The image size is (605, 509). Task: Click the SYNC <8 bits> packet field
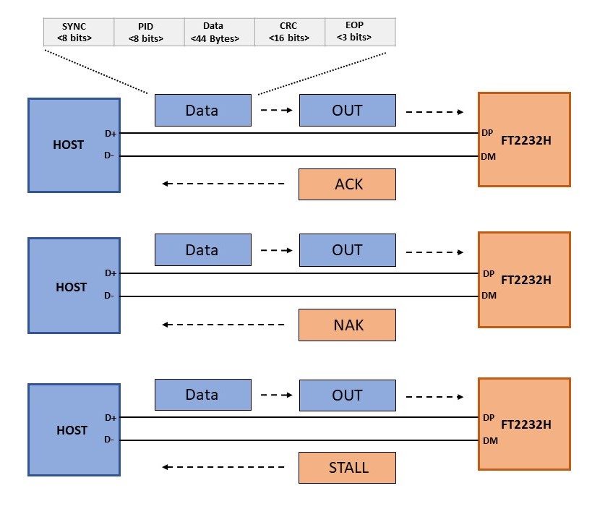(x=79, y=32)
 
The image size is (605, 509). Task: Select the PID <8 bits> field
(x=149, y=32)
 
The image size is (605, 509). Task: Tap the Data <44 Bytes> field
(x=219, y=32)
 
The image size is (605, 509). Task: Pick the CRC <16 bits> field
(x=289, y=32)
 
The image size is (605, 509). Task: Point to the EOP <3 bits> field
(x=359, y=32)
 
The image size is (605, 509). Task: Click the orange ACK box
(x=347, y=184)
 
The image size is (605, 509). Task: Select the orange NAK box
(x=347, y=325)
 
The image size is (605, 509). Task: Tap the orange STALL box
(x=347, y=468)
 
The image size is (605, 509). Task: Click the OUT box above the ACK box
(x=347, y=111)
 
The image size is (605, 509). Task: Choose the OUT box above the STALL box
(x=347, y=395)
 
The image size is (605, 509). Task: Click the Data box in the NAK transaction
(x=202, y=250)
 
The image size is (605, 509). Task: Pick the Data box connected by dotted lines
(x=202, y=111)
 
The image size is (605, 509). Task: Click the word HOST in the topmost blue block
(x=69, y=145)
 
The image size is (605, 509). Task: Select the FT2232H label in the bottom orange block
(x=525, y=424)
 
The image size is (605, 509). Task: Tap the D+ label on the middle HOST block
(x=111, y=273)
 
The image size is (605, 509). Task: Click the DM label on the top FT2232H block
(x=489, y=156)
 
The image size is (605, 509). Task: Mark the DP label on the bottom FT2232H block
(x=489, y=417)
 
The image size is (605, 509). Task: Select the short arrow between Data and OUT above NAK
(x=275, y=250)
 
